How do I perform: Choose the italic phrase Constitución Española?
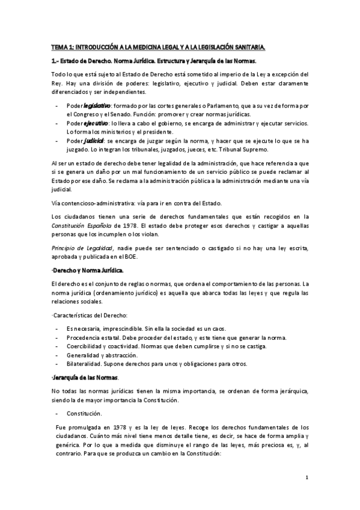tap(75, 224)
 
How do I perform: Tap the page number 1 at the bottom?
tap(307, 478)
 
